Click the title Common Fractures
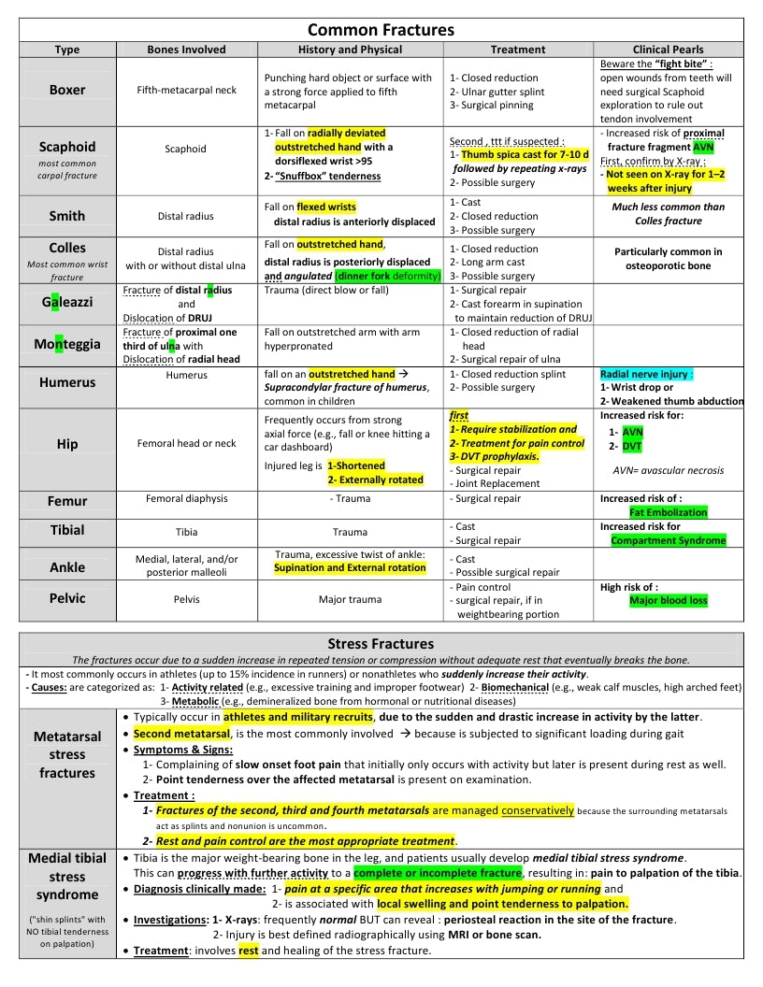tap(381, 31)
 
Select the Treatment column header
tap(517, 50)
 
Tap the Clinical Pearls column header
tap(669, 50)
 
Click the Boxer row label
tap(67, 90)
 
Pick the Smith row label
tap(67, 216)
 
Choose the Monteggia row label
tap(67, 344)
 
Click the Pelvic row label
tap(67, 598)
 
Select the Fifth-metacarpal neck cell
tap(186, 91)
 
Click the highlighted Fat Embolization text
tap(668, 512)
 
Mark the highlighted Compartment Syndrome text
tap(668, 540)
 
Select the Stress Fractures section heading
tap(381, 643)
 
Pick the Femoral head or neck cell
tap(186, 443)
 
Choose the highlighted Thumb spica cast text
tap(517, 154)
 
